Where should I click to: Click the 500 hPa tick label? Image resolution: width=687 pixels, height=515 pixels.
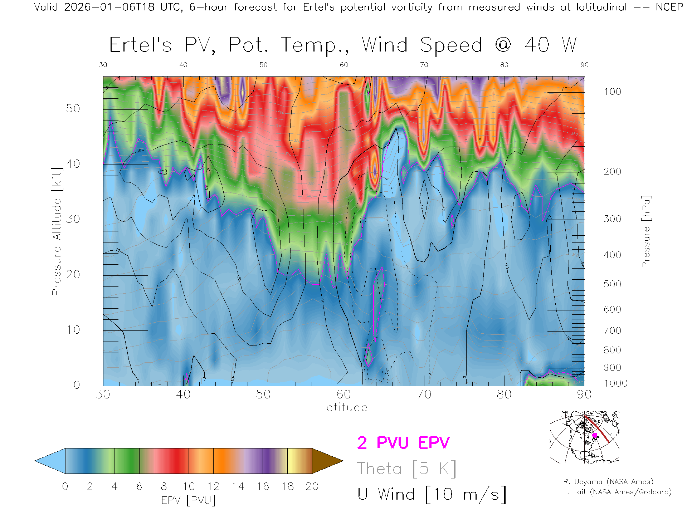612,284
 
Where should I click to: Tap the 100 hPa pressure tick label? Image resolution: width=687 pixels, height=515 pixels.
612,92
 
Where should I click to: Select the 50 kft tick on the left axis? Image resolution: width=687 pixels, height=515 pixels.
73,108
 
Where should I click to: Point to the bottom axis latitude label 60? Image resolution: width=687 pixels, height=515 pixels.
343,394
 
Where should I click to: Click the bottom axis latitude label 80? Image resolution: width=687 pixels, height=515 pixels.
504,394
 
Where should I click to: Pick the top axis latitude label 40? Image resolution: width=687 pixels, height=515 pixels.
183,65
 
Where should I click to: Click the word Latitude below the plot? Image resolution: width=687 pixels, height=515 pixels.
343,407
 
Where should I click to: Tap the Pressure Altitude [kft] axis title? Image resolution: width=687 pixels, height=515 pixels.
57,231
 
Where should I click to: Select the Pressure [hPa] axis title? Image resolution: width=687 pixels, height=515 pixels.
646,231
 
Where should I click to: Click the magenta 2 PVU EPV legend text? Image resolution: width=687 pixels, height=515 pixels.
403,443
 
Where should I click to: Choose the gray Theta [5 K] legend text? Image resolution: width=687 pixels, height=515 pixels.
406,469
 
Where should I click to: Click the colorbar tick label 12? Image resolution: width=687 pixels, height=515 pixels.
213,486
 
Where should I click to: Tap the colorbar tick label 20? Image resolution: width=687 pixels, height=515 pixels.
312,486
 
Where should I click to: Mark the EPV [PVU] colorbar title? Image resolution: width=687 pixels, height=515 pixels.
189,500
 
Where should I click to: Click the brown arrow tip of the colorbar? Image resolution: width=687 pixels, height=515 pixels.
329,461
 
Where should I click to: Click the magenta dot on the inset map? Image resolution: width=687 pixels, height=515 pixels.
595,435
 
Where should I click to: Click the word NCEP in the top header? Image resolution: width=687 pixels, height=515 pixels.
669,7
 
